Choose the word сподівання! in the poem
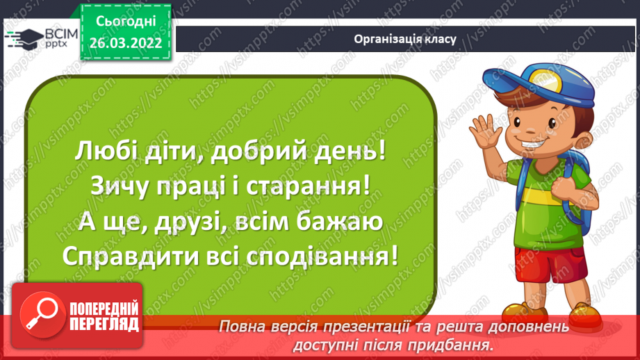(328, 257)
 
